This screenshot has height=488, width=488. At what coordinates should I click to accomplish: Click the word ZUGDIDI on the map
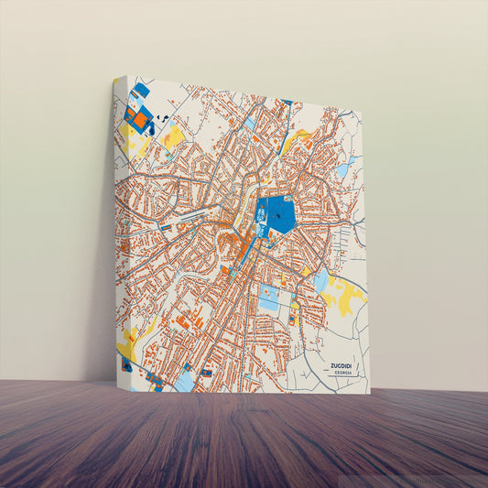343,364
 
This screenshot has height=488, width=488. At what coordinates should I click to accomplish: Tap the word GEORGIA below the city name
343,373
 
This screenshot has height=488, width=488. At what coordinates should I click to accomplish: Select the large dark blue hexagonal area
277,216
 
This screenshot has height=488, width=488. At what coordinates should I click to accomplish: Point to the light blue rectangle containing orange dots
269,298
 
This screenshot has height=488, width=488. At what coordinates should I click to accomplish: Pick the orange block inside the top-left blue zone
138,118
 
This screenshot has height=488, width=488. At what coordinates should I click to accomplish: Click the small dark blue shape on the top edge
287,103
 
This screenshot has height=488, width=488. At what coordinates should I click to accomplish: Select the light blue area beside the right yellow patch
320,280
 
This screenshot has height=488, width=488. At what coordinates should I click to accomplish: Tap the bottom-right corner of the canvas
369,394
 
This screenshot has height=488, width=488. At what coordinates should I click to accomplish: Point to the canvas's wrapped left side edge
118,229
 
